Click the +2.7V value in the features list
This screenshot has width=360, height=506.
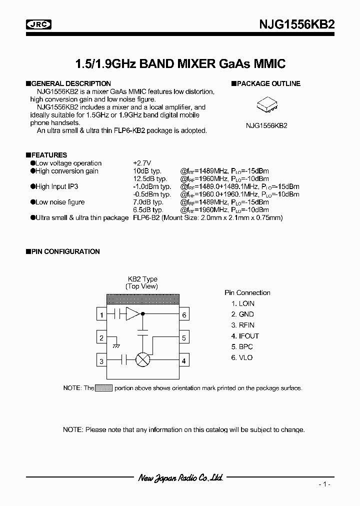point(142,163)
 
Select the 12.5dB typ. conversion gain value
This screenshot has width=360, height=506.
point(149,178)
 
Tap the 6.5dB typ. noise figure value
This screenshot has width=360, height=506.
point(148,210)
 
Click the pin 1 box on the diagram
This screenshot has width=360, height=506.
point(101,315)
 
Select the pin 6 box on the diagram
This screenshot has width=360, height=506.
point(184,315)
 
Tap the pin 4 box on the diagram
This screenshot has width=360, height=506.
point(184,360)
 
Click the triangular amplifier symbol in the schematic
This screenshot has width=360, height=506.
point(133,314)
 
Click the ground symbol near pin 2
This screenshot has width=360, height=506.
point(116,345)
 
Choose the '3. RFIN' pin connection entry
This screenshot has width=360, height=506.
point(242,325)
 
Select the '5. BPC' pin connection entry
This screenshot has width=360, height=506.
point(242,346)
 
